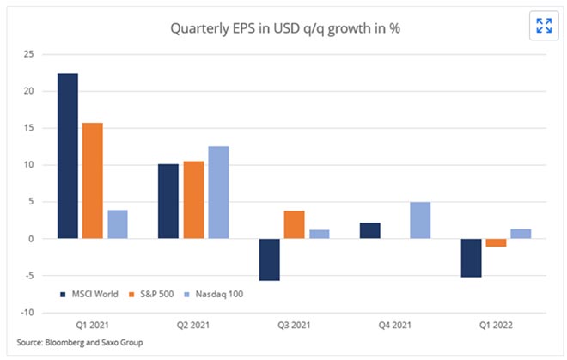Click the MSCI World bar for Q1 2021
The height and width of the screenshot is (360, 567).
(67, 156)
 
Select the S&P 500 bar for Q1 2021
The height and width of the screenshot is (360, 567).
(92, 180)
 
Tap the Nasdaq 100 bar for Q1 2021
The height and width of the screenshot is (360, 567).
(117, 224)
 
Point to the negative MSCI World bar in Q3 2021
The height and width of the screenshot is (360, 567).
(269, 259)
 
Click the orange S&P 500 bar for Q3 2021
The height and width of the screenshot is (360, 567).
(294, 224)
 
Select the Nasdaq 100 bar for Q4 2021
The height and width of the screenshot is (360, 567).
(420, 220)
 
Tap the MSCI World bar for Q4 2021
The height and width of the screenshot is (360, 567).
(370, 230)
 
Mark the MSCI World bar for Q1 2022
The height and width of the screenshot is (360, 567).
(471, 258)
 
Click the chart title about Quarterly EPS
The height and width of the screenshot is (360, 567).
(284, 27)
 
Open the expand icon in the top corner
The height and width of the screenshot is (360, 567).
(544, 25)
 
